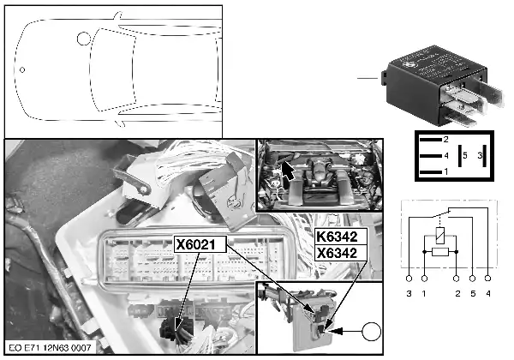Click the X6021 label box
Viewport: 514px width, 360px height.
click(x=200, y=244)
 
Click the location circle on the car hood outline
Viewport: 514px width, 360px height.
click(x=83, y=39)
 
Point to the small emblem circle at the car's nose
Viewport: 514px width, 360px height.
click(x=23, y=69)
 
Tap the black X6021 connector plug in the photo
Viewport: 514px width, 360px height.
click(x=180, y=325)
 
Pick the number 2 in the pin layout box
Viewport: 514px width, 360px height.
click(x=445, y=139)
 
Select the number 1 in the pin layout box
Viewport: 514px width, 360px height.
click(x=445, y=172)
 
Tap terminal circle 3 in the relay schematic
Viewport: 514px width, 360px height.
click(x=409, y=279)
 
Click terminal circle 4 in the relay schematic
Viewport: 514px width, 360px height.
click(x=487, y=279)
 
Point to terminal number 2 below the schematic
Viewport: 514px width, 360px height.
click(x=457, y=295)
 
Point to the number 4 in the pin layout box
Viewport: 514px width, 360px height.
click(x=445, y=156)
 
